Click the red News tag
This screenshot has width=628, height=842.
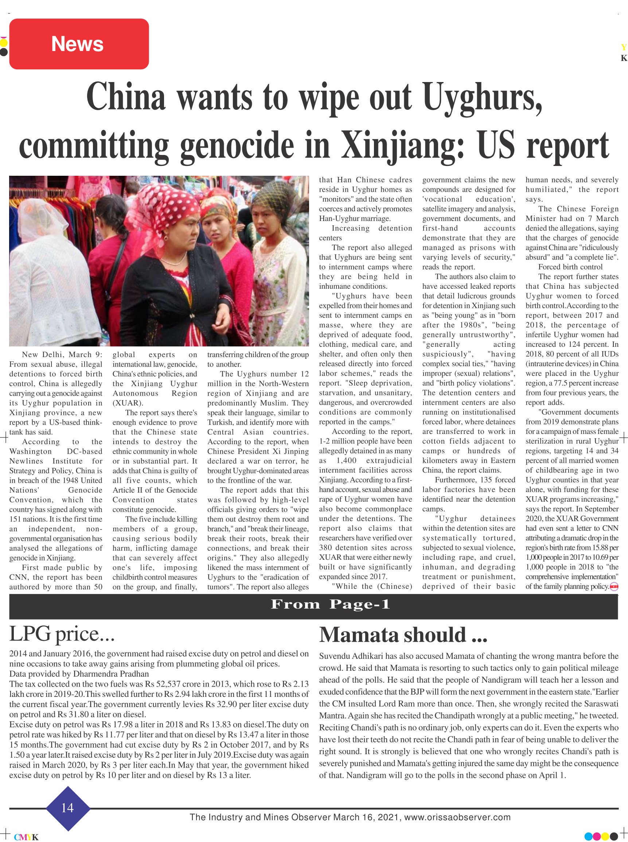79,44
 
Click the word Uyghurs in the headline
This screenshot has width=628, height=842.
482,97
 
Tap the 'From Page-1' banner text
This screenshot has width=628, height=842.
330,604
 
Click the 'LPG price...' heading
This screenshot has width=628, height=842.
62,634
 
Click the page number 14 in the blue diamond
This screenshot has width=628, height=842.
68,807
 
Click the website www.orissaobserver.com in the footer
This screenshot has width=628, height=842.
457,817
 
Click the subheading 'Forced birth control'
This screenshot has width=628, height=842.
570,267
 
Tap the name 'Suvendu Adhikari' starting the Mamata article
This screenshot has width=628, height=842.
351,656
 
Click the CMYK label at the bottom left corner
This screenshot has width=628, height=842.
26,837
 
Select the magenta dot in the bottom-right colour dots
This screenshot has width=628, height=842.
596,836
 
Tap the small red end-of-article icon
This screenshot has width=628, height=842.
614,587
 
